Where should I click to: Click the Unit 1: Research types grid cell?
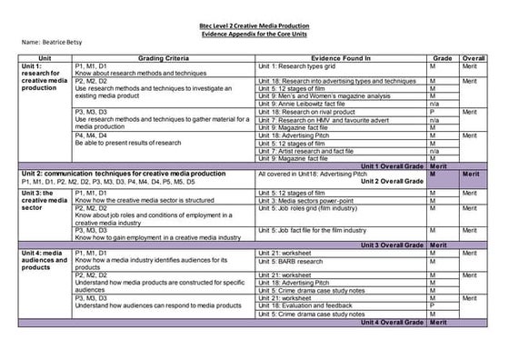pyautogui.click(x=300, y=67)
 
